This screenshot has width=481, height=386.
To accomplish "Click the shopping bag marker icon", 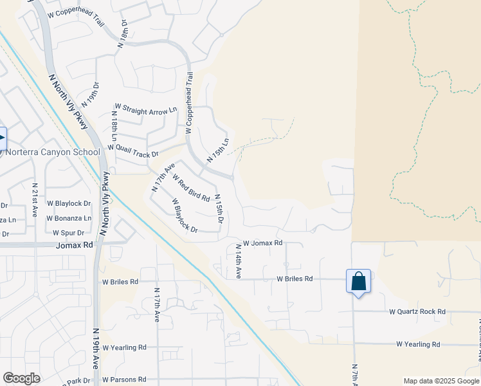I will pos(358,281).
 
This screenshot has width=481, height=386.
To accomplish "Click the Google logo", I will pos(21,378).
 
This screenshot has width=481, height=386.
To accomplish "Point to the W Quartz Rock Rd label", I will pos(417,311).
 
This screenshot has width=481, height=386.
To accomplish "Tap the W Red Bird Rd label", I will pos(191,187).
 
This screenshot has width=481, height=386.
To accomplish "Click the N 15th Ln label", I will pos(218,150).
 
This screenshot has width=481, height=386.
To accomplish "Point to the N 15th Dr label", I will pos(219,209).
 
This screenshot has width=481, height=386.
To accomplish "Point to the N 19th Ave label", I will pos(96,348).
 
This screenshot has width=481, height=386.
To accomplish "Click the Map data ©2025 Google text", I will pos(440,381).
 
